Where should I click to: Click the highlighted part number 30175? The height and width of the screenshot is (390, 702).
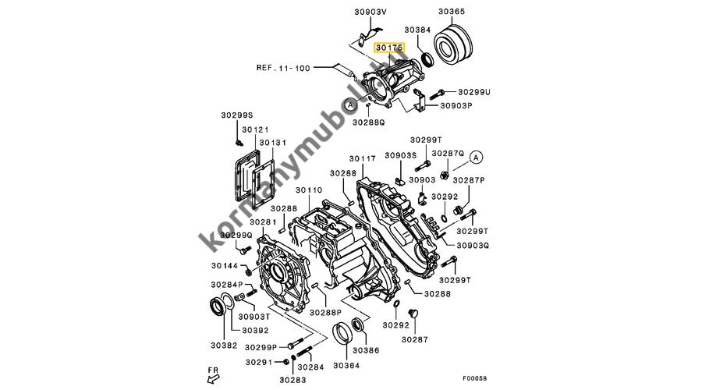coord(389,48)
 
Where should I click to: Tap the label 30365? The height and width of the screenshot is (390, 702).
coord(452,11)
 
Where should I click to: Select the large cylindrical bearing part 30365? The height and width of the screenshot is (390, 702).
coord(453,43)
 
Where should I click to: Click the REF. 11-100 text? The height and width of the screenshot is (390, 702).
coord(283,68)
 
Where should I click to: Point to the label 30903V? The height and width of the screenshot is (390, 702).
coord(370,12)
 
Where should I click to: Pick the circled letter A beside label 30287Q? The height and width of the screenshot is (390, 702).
coord(476,157)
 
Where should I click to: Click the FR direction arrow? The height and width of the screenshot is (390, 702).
coord(214,379)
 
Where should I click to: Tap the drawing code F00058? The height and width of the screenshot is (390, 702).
coord(474,378)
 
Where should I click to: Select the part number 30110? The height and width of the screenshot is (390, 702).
coord(309,190)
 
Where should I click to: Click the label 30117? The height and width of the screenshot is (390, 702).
coord(362,158)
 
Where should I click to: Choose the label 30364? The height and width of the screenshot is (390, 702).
coord(346,365)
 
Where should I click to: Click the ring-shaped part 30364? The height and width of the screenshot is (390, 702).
coord(342,334)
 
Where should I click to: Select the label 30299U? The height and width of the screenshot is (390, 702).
coord(474,92)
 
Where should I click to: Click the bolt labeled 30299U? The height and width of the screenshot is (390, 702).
coord(437,95)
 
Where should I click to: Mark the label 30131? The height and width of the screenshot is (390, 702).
coord(273,143)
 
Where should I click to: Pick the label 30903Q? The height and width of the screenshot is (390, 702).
coord(473,246)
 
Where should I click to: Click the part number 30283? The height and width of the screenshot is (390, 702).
coord(292,380)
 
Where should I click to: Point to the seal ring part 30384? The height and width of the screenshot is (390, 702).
coord(428,59)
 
